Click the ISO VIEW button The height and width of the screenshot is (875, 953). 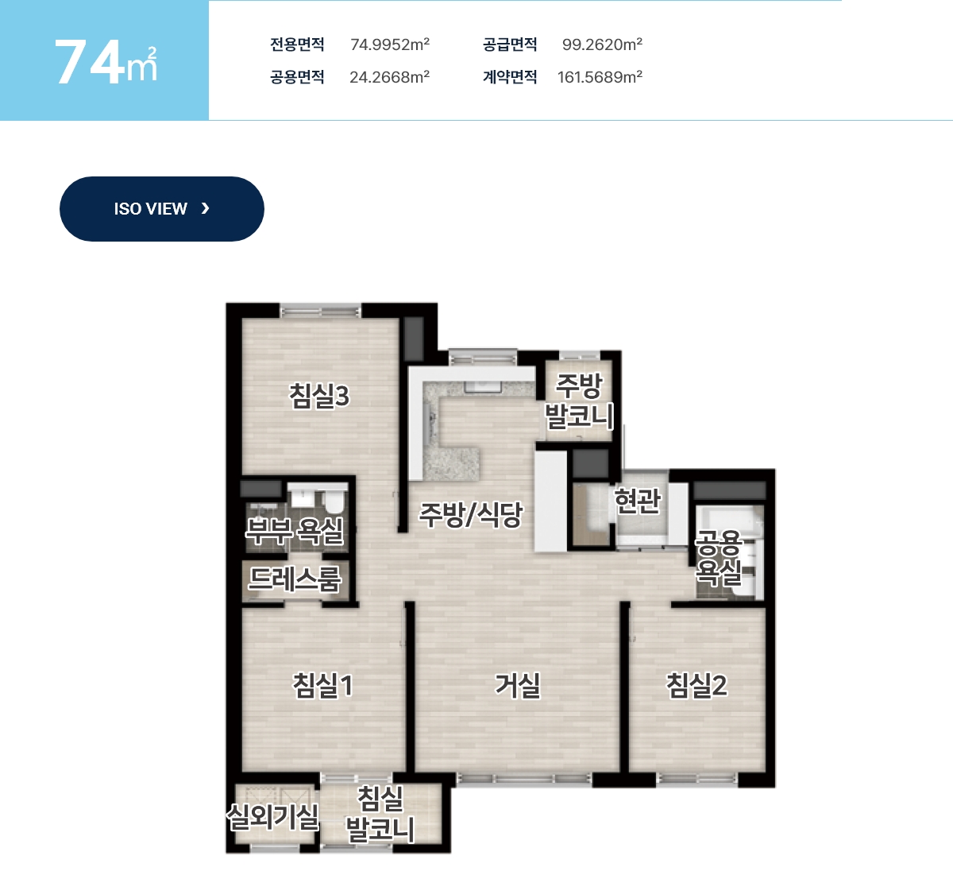coord(161,209)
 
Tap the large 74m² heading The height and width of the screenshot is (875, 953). coord(106,63)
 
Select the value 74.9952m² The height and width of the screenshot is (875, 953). coord(390,45)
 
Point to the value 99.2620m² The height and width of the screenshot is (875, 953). coord(602,45)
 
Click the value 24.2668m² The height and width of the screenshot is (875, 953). coord(390,77)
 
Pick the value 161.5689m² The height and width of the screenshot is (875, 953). coord(600,77)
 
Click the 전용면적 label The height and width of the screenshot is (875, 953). coord(297,45)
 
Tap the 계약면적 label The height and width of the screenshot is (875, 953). coord(510,77)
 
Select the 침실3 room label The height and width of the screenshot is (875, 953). coord(319,396)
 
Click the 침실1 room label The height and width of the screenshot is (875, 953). coord(322,685)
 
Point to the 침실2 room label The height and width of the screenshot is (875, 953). coord(696,685)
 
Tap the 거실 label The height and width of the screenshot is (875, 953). coord(518,686)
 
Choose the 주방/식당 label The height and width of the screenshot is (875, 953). coord(470,514)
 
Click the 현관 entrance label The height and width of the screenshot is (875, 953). coord(638,500)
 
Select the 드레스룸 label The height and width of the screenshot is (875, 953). coord(295,579)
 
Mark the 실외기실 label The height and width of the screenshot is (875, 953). coord(272,817)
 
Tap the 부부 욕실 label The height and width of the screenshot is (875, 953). coord(295,531)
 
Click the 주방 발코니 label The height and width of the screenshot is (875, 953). coord(579,401)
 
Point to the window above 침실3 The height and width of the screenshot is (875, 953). coord(321,312)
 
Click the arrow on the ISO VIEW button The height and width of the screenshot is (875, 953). coord(205,208)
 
